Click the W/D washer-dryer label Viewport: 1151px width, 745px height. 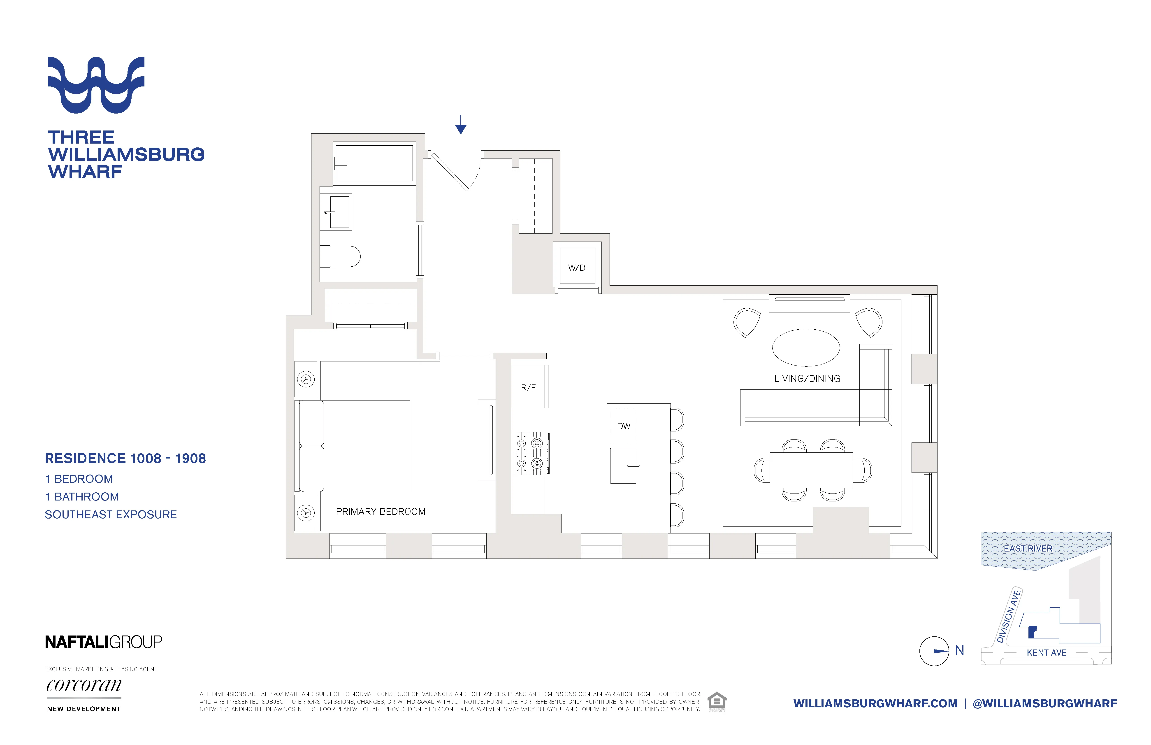576,268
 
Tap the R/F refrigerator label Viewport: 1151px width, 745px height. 528,387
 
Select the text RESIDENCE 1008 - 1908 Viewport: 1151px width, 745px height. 125,458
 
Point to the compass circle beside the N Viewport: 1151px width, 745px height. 934,651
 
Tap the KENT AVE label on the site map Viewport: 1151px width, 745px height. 1047,653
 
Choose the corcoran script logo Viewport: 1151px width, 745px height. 84,685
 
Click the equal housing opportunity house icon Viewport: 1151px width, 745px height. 717,701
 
